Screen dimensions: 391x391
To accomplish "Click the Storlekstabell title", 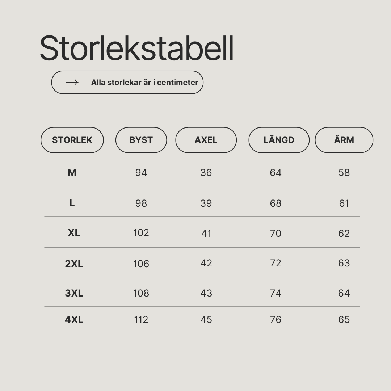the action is pyautogui.click(x=136, y=48).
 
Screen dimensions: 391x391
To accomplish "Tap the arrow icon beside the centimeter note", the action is pyautogui.click(x=72, y=83).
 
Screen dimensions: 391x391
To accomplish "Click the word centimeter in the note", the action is pyautogui.click(x=177, y=83).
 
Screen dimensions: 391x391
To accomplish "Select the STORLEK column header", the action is pyautogui.click(x=72, y=140).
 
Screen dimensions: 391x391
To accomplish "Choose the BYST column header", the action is pyautogui.click(x=141, y=140).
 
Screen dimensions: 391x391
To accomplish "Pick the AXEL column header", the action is pyautogui.click(x=206, y=140).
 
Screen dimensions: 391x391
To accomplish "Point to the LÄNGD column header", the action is pyautogui.click(x=279, y=140).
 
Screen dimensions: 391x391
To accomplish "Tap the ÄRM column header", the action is pyautogui.click(x=344, y=140).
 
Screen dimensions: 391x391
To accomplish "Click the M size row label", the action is pyautogui.click(x=72, y=173).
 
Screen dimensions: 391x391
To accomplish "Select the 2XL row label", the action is pyautogui.click(x=74, y=264).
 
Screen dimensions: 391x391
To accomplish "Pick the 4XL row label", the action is pyautogui.click(x=74, y=319).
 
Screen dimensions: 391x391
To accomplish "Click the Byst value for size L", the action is pyautogui.click(x=141, y=203).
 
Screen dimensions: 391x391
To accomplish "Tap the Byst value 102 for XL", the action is pyautogui.click(x=141, y=233).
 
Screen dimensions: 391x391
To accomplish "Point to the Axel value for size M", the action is pyautogui.click(x=206, y=173).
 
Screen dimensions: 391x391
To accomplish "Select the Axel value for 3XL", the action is pyautogui.click(x=206, y=293).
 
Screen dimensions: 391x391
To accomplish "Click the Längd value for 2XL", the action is pyautogui.click(x=276, y=263).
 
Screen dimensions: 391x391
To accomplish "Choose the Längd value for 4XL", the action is pyautogui.click(x=276, y=319).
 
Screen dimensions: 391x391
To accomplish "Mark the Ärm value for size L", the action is pyautogui.click(x=344, y=203).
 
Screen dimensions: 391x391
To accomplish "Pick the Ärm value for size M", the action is pyautogui.click(x=344, y=173).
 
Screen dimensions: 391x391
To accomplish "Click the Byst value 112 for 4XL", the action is pyautogui.click(x=141, y=319).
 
